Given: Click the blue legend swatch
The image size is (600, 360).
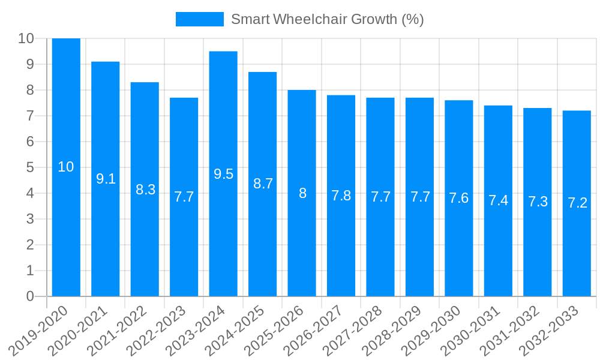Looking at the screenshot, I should point(199,19).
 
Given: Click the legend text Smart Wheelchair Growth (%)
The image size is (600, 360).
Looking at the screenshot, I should point(328,19).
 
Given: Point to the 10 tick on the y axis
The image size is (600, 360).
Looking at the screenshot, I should point(26,38).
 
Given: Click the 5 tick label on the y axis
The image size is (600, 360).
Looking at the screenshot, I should point(30,167).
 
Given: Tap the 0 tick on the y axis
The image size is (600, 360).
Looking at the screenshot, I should point(30,296).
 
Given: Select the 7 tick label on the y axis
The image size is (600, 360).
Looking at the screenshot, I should point(30,116).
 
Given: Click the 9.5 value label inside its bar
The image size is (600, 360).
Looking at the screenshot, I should point(223,174).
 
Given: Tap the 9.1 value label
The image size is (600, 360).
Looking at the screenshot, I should point(106,179).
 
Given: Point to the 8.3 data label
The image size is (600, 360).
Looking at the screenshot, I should point(145,190).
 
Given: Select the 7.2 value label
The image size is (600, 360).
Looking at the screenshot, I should point(577,203).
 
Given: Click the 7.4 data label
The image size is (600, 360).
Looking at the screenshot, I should point(498,201).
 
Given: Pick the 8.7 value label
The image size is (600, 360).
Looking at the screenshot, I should point(263,184).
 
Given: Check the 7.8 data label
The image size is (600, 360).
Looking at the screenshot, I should point(341,196).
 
